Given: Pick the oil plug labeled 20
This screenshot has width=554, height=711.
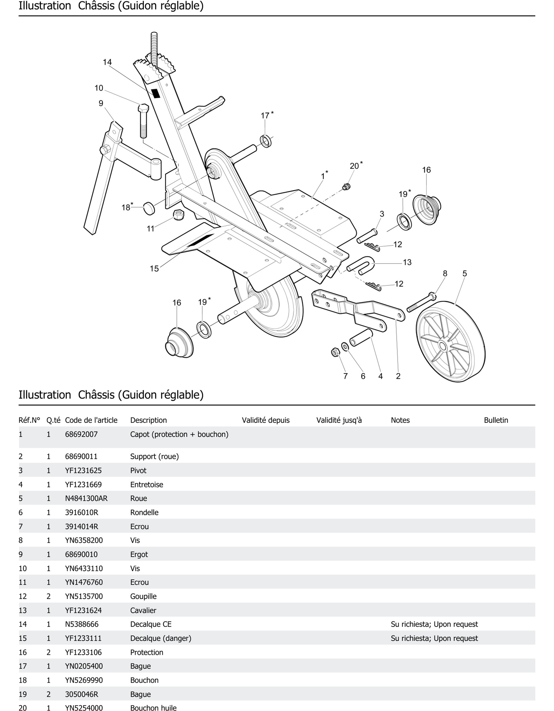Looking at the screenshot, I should [x=347, y=187].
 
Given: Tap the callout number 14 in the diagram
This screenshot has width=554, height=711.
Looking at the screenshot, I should [x=107, y=62].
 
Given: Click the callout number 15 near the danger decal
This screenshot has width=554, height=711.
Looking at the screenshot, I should [x=154, y=269].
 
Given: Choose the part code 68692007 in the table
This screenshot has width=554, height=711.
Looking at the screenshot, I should [x=81, y=434].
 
